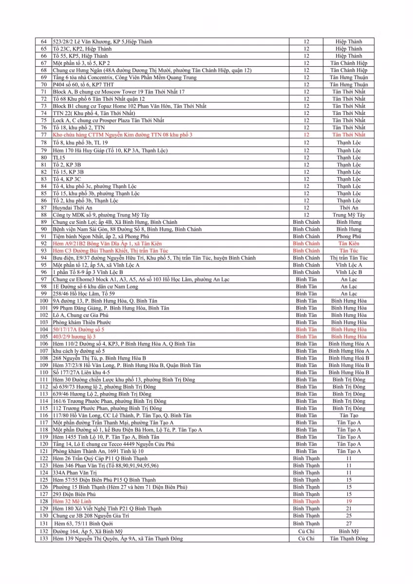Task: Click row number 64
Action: coord(43,42)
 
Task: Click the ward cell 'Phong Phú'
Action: coord(348,237)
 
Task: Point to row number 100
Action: coord(43,301)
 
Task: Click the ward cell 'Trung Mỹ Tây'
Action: coord(348,215)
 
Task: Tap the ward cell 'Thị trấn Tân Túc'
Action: coord(348,258)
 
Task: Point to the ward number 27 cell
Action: coord(348,524)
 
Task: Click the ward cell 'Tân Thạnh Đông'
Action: coord(348,538)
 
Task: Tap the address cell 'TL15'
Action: coord(59,158)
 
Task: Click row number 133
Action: coord(43,538)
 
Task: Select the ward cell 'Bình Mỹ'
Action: coord(348,531)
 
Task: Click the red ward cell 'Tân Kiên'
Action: coord(348,243)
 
